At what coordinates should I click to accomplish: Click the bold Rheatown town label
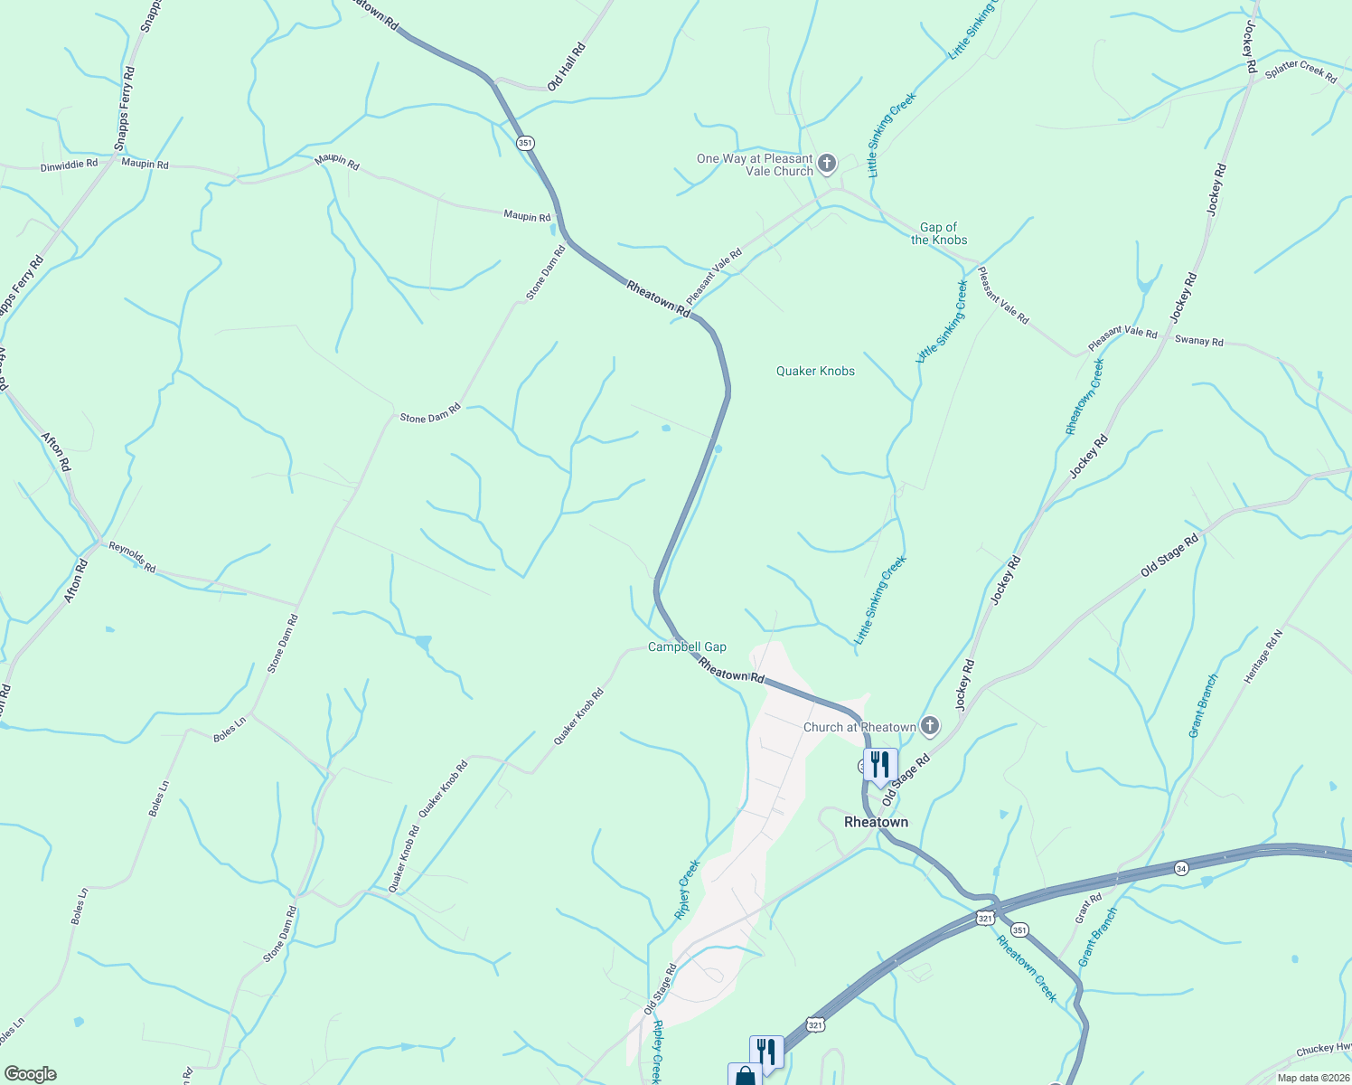876,822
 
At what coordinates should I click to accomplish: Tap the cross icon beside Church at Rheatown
929,726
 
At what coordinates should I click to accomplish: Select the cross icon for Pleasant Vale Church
826,165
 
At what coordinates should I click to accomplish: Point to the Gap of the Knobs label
939,234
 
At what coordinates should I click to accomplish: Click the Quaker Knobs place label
815,371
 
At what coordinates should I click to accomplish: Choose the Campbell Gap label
687,647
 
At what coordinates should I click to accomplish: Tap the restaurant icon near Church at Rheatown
879,764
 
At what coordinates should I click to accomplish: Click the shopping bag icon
745,1076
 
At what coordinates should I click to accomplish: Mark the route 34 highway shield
1181,868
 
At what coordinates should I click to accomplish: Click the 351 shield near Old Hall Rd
526,143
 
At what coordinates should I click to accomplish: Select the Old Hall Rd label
567,67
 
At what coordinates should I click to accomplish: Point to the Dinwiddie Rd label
69,165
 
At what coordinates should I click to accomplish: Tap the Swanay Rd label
1198,341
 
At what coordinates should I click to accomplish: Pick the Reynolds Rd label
132,557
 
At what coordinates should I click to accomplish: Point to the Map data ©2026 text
1310,1078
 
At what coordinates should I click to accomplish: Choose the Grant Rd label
1088,909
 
